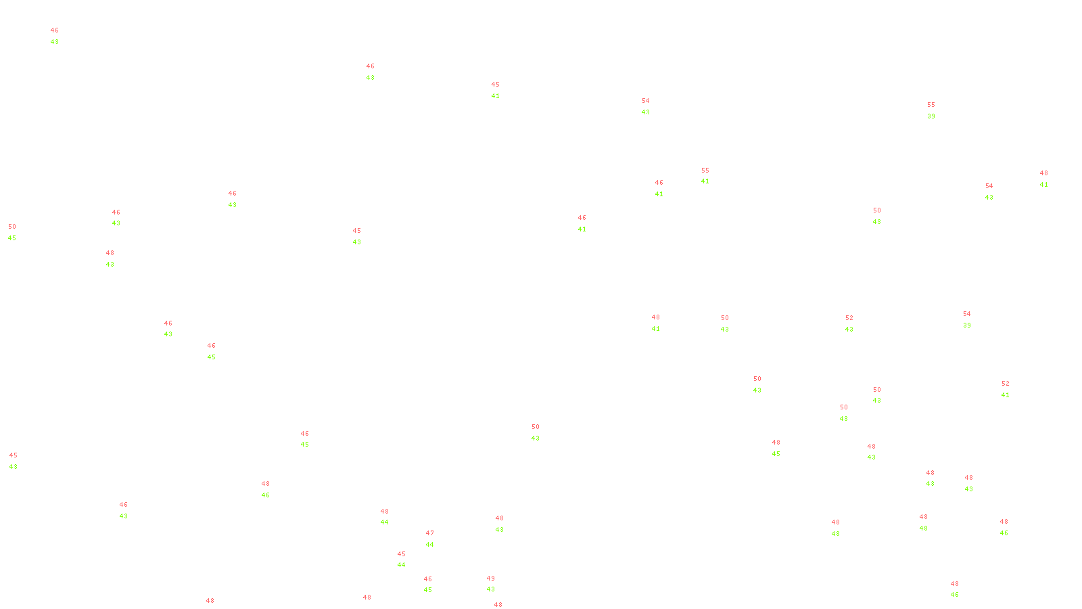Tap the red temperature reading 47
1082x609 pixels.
[430, 533]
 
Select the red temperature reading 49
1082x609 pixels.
[491, 579]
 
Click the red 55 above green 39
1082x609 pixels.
[931, 105]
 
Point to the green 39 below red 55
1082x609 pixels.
[931, 116]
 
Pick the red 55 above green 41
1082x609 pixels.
[705, 171]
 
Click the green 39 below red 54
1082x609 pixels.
[967, 325]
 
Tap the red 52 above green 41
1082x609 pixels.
[1006, 384]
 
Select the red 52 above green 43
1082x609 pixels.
[849, 318]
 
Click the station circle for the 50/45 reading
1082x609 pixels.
[19, 232]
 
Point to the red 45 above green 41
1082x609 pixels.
[496, 85]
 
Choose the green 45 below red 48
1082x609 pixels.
[776, 454]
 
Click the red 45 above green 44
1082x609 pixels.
[402, 554]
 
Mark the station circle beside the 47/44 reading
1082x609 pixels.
[436, 539]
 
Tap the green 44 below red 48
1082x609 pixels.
[385, 522]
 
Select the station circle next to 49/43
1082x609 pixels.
[497, 584]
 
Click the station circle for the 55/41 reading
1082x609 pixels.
[711, 176]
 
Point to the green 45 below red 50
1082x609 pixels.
[12, 238]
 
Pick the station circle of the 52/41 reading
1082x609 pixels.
[1012, 389]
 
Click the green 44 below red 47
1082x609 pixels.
[430, 545]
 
